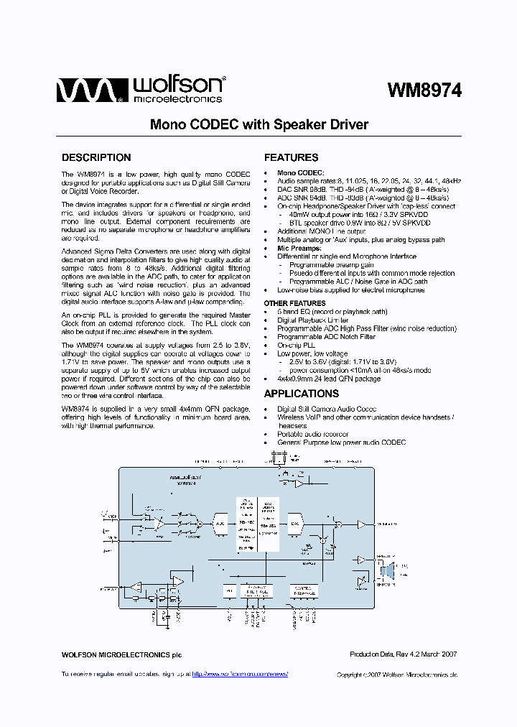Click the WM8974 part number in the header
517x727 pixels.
(424, 90)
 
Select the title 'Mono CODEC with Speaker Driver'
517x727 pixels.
(258, 124)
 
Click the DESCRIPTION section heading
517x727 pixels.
(96, 157)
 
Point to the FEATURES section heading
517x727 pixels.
(292, 157)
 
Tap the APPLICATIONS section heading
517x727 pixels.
(302, 394)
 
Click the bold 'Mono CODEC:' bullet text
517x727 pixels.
(301, 172)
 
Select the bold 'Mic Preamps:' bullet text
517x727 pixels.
(299, 248)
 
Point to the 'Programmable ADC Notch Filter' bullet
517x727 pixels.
(327, 337)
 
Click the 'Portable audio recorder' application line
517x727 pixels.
(313, 434)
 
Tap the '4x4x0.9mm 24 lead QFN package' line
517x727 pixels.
(329, 379)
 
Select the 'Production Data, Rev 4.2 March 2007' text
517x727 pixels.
(403, 654)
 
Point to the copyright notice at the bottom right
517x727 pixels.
(397, 675)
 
